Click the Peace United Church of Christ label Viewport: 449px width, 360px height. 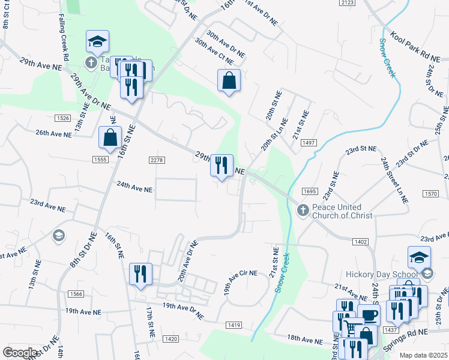tap(342, 211)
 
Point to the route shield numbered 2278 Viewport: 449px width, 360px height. tap(156, 160)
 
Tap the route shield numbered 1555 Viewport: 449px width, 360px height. tap(100, 159)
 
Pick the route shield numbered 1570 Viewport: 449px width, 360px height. tap(430, 193)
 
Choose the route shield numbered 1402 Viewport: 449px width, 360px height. tap(361, 241)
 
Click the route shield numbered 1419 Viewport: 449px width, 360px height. tap(234, 325)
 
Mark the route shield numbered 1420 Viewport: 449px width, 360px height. tap(170, 339)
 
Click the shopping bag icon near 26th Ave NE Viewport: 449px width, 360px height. tap(110, 138)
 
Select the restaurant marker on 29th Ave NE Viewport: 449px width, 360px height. tap(221, 165)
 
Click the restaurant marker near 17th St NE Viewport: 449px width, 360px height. tap(140, 274)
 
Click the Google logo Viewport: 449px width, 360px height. tap(20, 353)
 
